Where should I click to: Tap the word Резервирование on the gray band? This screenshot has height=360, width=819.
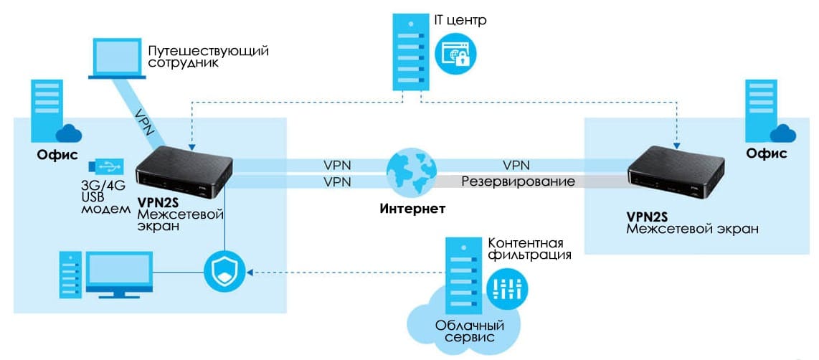(x=518, y=181)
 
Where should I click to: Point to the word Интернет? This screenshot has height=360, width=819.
(x=412, y=209)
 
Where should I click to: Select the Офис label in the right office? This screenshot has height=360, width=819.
(x=767, y=153)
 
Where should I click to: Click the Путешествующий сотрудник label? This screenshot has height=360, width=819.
(x=209, y=57)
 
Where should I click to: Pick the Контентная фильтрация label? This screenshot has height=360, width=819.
(x=529, y=248)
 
